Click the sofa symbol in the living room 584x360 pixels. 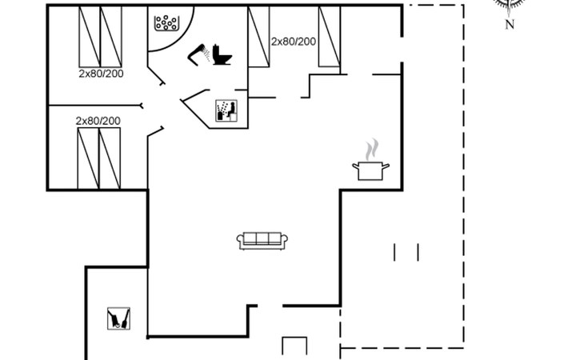coord(262,240)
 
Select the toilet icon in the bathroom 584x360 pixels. coord(222,54)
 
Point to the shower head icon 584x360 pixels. coord(198,54)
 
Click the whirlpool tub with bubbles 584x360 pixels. coord(166,22)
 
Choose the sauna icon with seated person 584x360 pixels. coord(226,110)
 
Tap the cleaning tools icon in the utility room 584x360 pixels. coord(119,318)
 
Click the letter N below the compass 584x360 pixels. coord(510,25)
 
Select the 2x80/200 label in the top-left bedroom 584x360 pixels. coord(101,74)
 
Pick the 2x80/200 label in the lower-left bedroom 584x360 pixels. coord(98,121)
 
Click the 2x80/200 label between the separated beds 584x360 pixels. coord(294,42)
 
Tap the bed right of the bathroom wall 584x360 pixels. coord(259,37)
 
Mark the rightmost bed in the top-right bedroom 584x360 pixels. coord(330,37)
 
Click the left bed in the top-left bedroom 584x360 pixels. coord(90,37)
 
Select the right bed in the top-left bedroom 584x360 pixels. coord(111,37)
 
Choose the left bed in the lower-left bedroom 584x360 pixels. coord(88,158)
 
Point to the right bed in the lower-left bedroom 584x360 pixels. coord(110,158)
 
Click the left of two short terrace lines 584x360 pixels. coord(394,253)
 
